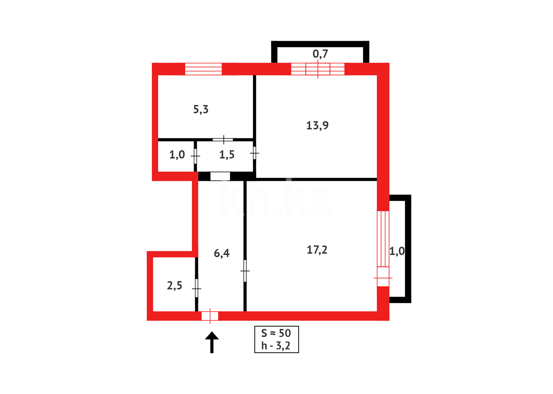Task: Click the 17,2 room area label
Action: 317,250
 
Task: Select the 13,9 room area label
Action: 317,125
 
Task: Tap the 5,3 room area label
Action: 201,109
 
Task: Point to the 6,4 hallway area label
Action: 221,253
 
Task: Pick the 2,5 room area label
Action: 174,286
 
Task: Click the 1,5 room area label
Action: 227,155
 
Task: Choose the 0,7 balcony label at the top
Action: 320,54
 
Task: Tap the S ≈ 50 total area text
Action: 276,333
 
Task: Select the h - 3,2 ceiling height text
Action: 276,346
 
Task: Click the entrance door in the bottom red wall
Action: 210,316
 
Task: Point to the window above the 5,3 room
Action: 203,69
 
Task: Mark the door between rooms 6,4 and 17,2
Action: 245,271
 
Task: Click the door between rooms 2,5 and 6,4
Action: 197,288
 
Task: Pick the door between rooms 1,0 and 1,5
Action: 196,156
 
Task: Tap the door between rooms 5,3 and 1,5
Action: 223,139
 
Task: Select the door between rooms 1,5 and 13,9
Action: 255,153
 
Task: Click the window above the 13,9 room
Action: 318,69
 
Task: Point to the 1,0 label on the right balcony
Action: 397,251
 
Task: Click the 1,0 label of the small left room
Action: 177,155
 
